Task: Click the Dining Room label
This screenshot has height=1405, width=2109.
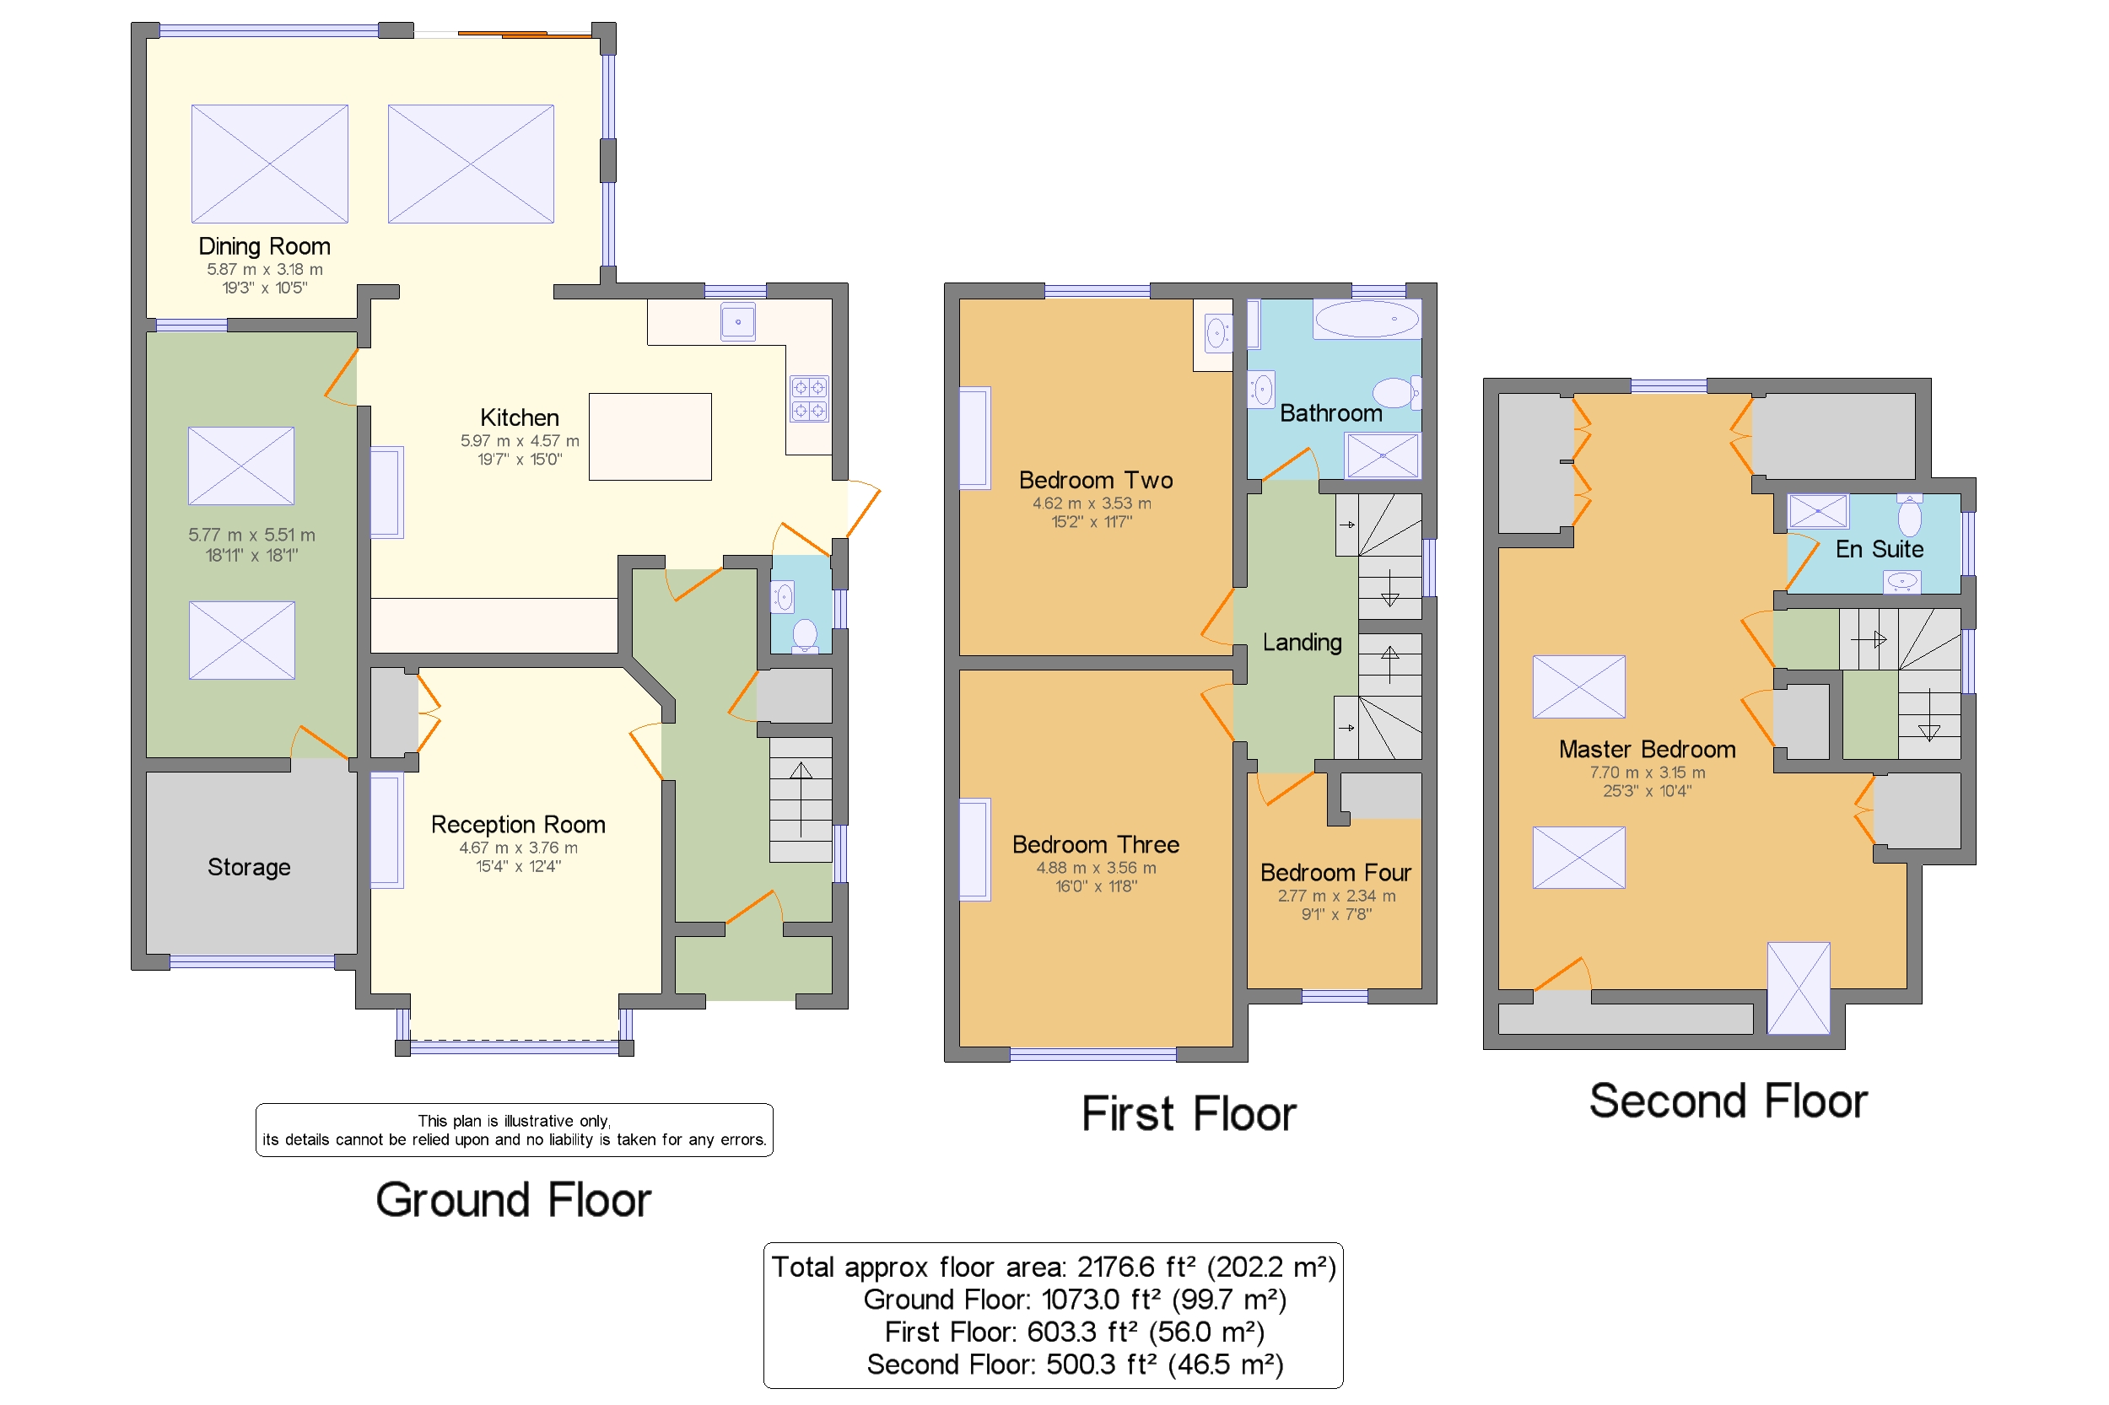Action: pyautogui.click(x=264, y=246)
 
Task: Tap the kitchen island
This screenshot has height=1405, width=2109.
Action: pyautogui.click(x=650, y=436)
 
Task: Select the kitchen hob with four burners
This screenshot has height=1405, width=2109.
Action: pyautogui.click(x=808, y=399)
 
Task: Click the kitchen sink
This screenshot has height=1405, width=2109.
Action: pyautogui.click(x=737, y=322)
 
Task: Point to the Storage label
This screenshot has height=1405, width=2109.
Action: pyautogui.click(x=249, y=866)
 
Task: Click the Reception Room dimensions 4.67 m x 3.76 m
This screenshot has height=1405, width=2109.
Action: pyautogui.click(x=518, y=848)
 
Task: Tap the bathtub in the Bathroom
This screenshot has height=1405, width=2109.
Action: pyautogui.click(x=1366, y=319)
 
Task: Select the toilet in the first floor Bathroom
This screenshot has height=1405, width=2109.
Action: pyautogui.click(x=1395, y=391)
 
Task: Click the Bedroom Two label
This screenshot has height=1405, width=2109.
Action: pyautogui.click(x=1095, y=481)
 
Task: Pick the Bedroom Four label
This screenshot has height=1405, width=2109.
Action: pyautogui.click(x=1335, y=873)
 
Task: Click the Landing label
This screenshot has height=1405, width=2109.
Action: pyautogui.click(x=1303, y=643)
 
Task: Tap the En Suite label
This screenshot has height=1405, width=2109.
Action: pyautogui.click(x=1879, y=549)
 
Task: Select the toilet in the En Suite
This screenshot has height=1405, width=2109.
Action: pyautogui.click(x=1909, y=515)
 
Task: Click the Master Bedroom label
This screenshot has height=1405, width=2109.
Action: pyautogui.click(x=1647, y=749)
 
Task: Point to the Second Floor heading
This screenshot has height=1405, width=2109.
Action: pyautogui.click(x=1728, y=1101)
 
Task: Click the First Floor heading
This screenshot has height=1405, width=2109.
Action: pyautogui.click(x=1189, y=1114)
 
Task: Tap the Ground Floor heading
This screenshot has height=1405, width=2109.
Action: pyautogui.click(x=514, y=1200)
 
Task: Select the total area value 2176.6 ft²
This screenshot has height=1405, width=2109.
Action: pyautogui.click(x=1136, y=1267)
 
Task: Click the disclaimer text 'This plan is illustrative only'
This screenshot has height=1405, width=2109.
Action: pyautogui.click(x=514, y=1121)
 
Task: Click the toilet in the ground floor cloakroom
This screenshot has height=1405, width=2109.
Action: pyautogui.click(x=805, y=634)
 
